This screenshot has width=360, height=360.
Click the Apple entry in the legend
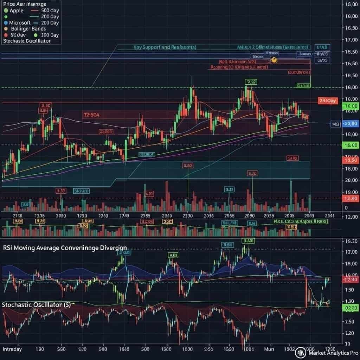(x=17, y=11)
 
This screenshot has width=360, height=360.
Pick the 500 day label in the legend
(x=50, y=11)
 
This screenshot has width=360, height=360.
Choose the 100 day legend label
(x=50, y=35)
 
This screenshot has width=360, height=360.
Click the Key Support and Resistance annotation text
(x=165, y=47)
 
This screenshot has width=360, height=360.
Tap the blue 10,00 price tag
(x=350, y=124)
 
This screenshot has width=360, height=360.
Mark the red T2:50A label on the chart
(x=91, y=115)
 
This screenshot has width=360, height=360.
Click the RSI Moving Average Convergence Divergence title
(x=65, y=247)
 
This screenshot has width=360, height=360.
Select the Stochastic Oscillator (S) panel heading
(x=36, y=304)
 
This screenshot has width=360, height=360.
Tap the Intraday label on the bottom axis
(x=12, y=349)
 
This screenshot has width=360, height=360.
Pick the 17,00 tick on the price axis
(x=352, y=40)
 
